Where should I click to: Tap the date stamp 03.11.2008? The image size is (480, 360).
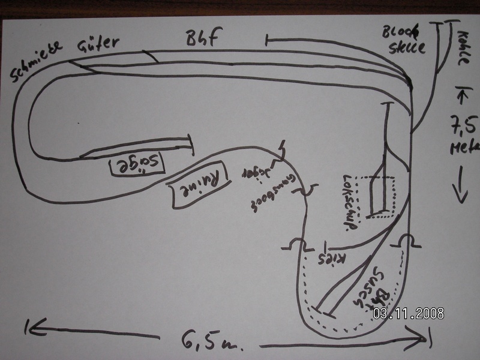click(x=408, y=313)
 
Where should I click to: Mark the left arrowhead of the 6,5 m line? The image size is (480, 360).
click(x=28, y=327)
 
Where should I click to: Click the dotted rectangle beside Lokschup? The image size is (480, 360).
click(x=377, y=195)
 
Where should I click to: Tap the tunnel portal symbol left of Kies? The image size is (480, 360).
click(x=295, y=245)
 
